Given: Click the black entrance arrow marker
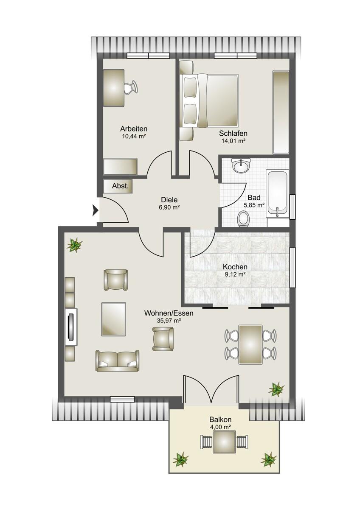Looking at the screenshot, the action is coord(95,211).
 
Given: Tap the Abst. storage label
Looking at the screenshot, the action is coord(120,186).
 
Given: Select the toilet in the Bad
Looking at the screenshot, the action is coord(243,219).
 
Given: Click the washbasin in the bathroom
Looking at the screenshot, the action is coord(241,166).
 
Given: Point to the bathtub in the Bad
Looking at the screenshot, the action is coord(278,194).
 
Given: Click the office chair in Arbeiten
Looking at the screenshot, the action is coord(131,87).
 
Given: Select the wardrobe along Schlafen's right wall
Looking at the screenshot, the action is coord(281,112).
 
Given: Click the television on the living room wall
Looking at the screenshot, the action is coord(71,327).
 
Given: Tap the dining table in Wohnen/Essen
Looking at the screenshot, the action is coord(250,344).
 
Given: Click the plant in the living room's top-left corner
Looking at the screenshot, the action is coord(74,245).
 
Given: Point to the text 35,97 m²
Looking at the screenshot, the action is coord(169,321).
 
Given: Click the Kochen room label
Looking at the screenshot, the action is coord(235,266).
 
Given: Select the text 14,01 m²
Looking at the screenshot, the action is coord(233,141).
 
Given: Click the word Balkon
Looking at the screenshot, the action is coord(220,419).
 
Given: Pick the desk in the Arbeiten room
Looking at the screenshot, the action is coord(114,88).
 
